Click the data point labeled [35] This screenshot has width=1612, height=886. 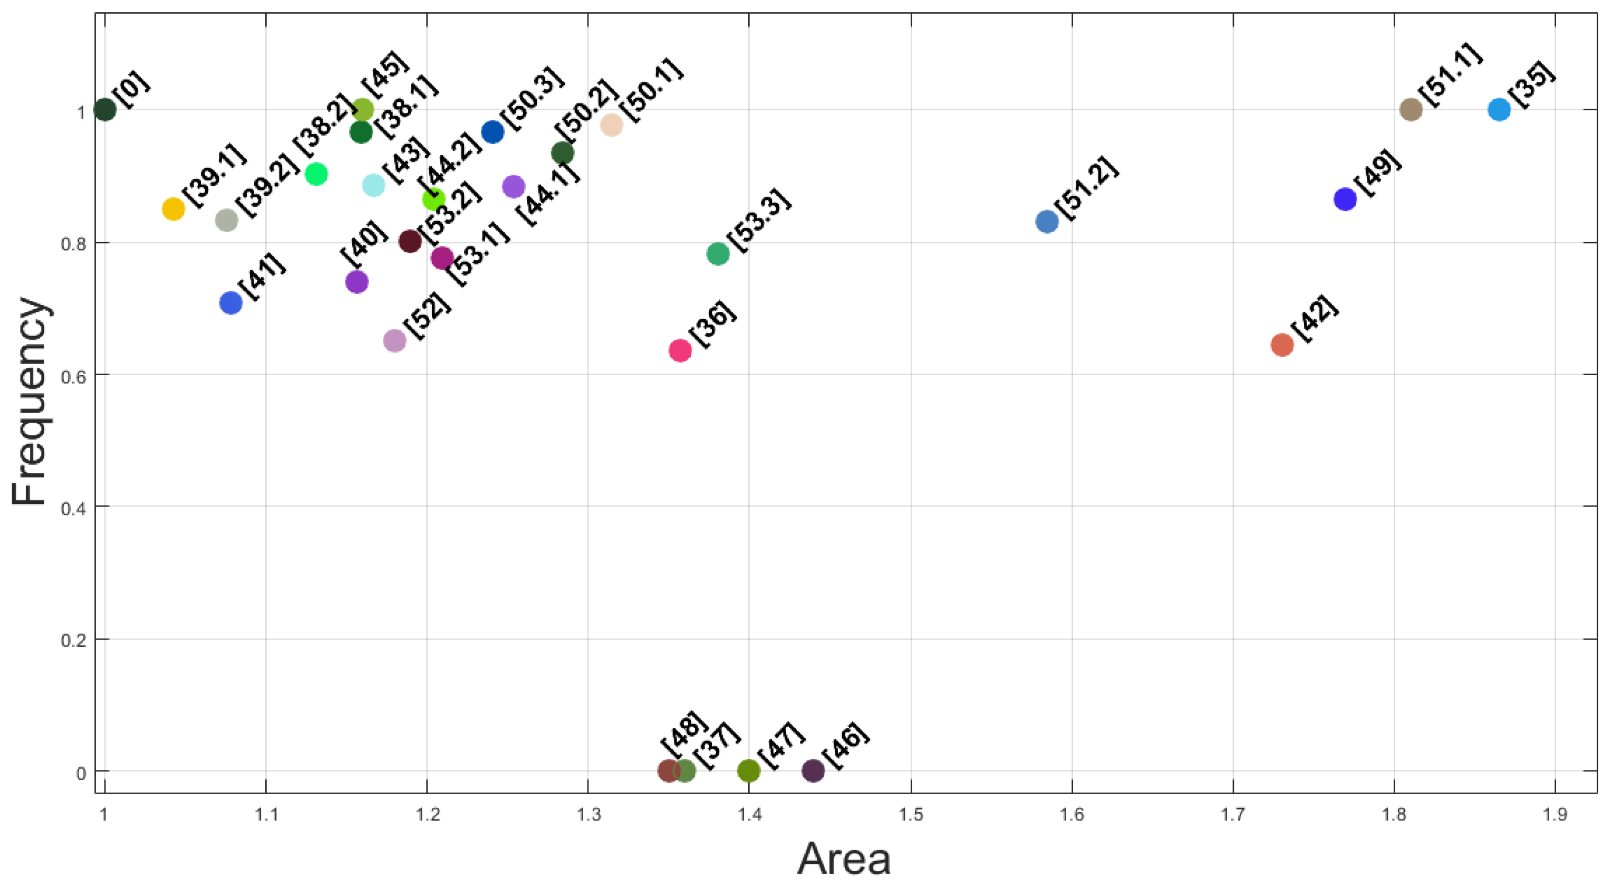tap(1499, 110)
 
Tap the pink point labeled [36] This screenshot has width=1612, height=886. tap(680, 350)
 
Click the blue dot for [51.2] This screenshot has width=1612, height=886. tap(1047, 221)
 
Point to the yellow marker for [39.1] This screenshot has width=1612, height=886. tap(173, 208)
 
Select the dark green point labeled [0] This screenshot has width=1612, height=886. tap(104, 110)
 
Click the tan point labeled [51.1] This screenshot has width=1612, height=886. tap(1411, 110)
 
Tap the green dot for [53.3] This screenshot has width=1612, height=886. tap(718, 254)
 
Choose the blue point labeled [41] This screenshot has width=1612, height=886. tap(231, 303)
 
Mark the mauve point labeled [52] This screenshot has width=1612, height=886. tap(394, 340)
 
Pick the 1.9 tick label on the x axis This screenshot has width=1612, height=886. tap(1555, 814)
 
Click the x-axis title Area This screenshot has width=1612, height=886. tap(843, 859)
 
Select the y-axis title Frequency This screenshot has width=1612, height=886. tap(29, 401)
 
